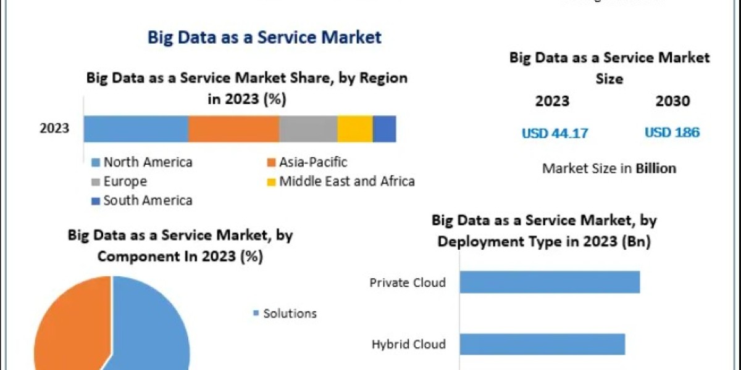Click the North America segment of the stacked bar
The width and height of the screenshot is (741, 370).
136,129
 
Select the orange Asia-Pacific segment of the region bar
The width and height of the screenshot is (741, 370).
233,129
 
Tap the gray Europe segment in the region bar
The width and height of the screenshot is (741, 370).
308,129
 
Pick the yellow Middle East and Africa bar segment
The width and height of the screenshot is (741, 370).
355,129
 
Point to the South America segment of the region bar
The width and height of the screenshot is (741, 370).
384,129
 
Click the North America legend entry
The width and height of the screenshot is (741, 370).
142,162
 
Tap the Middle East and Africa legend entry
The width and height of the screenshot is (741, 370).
340,181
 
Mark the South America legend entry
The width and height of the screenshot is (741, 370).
142,200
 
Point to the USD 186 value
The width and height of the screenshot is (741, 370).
672,133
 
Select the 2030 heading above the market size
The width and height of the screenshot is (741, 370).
672,101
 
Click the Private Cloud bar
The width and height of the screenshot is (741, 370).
550,282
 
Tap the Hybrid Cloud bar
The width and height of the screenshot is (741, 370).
542,344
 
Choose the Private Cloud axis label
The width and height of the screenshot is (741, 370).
408,283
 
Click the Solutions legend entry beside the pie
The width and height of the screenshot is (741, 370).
285,314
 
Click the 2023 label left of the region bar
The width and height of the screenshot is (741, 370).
55,129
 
